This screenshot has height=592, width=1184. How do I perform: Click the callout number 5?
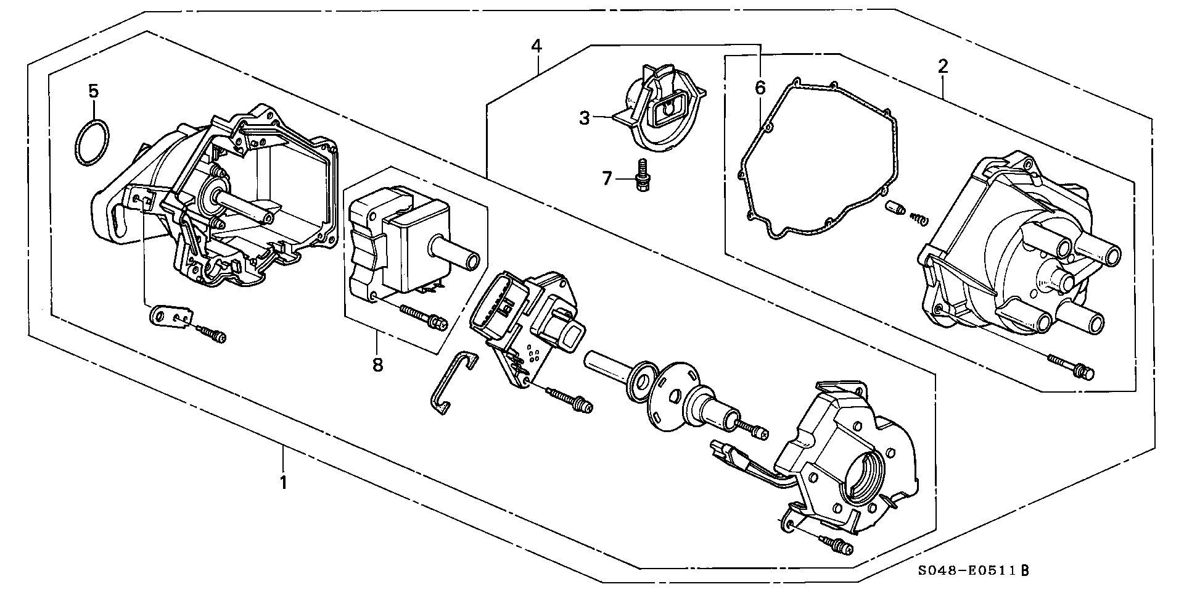(x=93, y=91)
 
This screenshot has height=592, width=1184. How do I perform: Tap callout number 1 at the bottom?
(x=283, y=482)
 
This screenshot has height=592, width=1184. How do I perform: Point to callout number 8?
(x=377, y=365)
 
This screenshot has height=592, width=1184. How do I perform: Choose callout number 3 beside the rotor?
(x=584, y=117)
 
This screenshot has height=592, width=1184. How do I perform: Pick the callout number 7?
(x=606, y=179)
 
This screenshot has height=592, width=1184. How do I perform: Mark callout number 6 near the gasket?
(x=760, y=88)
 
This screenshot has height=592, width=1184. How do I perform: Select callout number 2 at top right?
(x=943, y=66)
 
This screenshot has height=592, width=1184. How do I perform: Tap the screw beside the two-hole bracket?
(x=213, y=335)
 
